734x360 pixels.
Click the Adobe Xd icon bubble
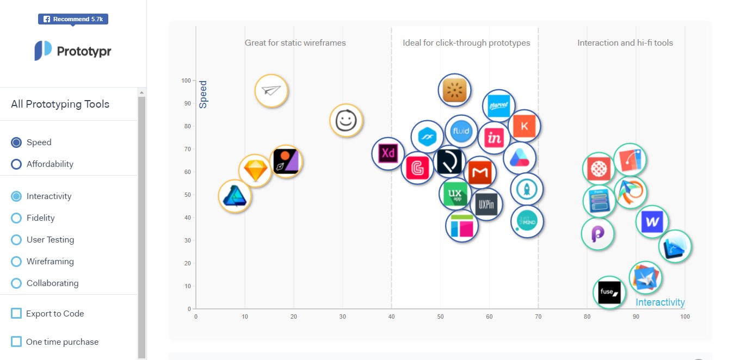[x=388, y=154]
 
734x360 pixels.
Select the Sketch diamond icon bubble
[x=255, y=171]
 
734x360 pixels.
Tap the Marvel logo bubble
[x=498, y=106]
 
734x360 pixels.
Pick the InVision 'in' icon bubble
[x=494, y=138]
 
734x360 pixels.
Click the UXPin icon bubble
[x=486, y=204]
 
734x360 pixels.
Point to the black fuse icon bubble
[x=609, y=293]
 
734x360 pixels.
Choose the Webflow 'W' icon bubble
[x=652, y=221]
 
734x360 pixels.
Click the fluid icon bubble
[x=461, y=131]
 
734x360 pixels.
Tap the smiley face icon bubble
[x=346, y=120]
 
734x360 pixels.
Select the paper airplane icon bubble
[x=271, y=91]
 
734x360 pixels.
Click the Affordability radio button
[x=16, y=164]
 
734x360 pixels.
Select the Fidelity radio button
[x=16, y=218]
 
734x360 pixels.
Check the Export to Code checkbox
[x=16, y=313]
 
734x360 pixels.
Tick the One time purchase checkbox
[x=16, y=342]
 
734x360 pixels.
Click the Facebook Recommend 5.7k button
[x=73, y=19]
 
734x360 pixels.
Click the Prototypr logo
[x=73, y=51]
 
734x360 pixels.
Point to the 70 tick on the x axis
[x=538, y=316]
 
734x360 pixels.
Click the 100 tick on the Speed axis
[x=186, y=80]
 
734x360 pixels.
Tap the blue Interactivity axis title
[x=660, y=302]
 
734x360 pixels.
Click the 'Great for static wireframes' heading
[x=295, y=43]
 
